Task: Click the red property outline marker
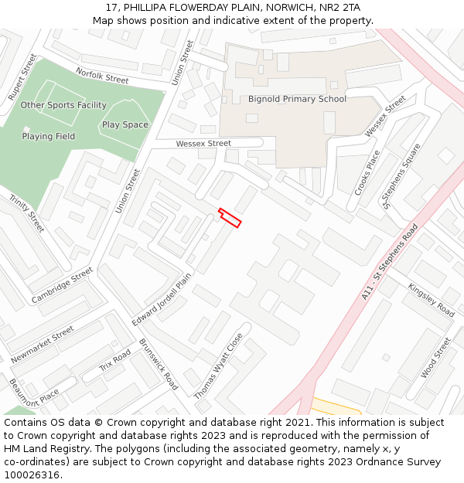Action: (230, 218)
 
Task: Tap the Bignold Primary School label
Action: (297, 99)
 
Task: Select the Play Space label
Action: (125, 124)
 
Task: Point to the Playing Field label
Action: (49, 137)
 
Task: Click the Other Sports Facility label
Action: (63, 105)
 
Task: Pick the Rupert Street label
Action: (22, 77)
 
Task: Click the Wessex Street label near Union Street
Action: (203, 144)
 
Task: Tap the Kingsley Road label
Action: (432, 299)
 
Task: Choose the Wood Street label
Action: (435, 357)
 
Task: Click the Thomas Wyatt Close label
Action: (218, 366)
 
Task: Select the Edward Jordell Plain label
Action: (161, 299)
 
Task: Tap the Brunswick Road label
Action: (159, 363)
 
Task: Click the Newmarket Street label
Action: (43, 344)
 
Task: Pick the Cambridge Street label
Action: (62, 285)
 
